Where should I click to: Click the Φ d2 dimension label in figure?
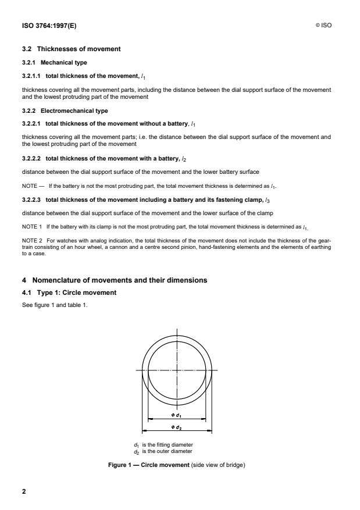177,427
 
